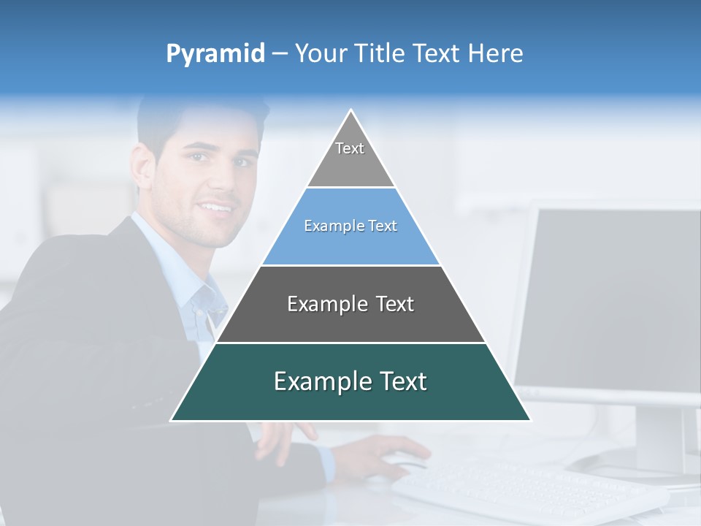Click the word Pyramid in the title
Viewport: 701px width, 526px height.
click(215, 54)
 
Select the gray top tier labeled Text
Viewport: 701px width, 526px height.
click(350, 157)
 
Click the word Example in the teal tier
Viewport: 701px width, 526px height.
click(315, 381)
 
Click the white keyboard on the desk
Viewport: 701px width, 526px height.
click(526, 489)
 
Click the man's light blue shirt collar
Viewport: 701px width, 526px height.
click(197, 292)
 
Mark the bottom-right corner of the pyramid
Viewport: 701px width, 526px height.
click(530, 420)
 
